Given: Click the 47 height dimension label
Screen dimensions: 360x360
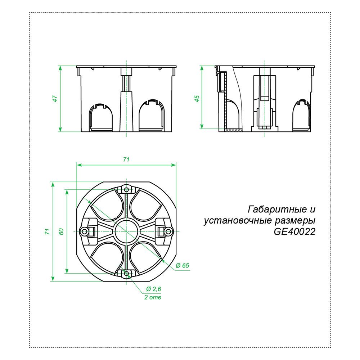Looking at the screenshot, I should click(55, 99).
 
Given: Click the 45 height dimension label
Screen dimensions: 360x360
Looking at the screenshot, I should click(197, 99).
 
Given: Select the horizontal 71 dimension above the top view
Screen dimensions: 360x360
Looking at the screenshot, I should click(126, 159).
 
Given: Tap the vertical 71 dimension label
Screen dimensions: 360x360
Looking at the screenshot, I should click(47, 231).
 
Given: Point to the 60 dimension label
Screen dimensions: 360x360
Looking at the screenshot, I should click(61, 231).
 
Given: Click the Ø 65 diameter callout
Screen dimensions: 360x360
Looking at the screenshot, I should click(183, 266).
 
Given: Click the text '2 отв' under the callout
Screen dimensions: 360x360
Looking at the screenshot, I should click(152, 298).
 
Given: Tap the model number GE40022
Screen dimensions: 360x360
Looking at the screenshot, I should click(294, 232).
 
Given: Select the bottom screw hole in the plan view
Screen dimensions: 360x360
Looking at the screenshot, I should click(126, 274).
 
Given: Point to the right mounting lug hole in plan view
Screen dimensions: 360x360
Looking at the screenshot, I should click(168, 231).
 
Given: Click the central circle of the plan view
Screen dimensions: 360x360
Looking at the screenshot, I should click(126, 231).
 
